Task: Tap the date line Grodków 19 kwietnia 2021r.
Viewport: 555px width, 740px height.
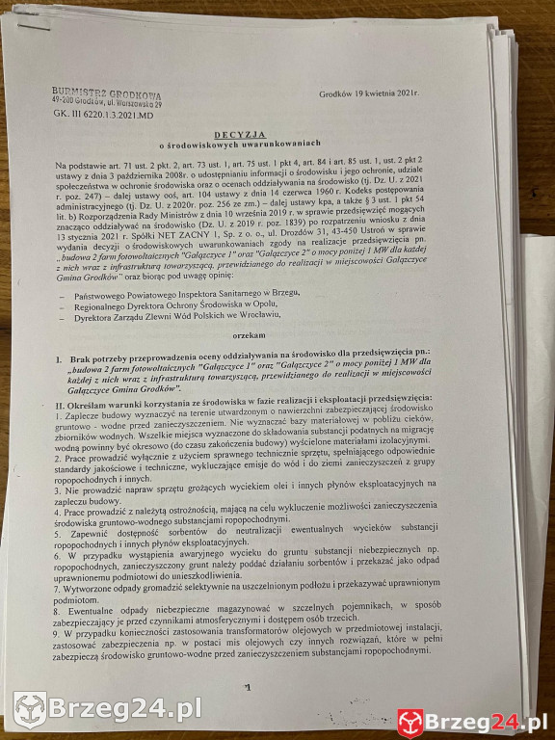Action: pos(372,93)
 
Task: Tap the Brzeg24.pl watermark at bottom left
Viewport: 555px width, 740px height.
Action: pos(106,709)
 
